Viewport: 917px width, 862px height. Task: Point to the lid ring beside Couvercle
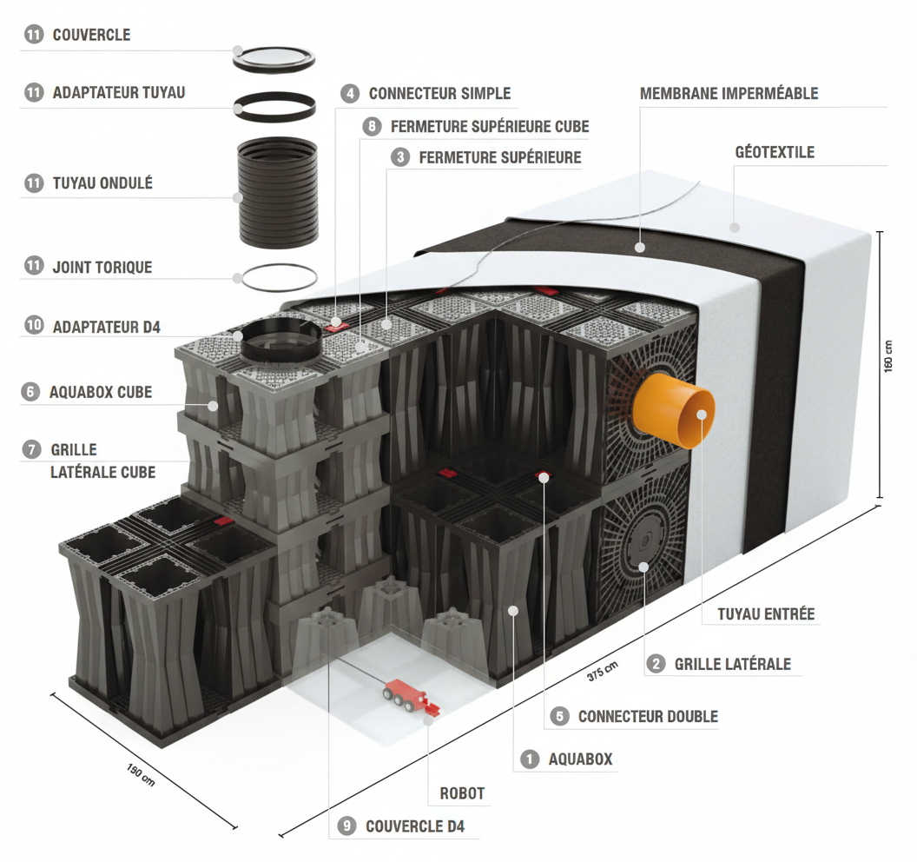274,58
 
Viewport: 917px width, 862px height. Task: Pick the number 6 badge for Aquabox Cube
31,392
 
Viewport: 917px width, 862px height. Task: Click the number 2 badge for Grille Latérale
656,664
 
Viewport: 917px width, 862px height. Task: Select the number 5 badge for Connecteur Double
560,716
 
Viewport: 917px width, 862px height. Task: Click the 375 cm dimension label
602,668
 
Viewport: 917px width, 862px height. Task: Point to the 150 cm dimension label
142,773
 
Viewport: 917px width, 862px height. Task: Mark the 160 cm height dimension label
887,357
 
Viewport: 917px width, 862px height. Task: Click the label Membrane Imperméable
729,93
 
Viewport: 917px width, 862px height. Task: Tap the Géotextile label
775,152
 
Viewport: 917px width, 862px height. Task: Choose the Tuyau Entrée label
766,613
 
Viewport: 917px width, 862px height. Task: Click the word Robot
462,793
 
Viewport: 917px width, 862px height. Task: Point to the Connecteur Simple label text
439,93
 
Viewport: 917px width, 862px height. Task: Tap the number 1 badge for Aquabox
530,759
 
